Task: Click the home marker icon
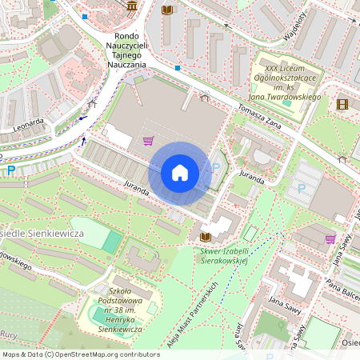180,172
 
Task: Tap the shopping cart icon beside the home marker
147,141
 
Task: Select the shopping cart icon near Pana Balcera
330,238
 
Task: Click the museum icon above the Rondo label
131,6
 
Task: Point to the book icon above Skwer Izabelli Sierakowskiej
205,238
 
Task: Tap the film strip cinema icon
342,103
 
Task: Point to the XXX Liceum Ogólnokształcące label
286,78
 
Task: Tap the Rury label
9,335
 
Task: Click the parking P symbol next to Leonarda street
10,170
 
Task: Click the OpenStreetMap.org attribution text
106,354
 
